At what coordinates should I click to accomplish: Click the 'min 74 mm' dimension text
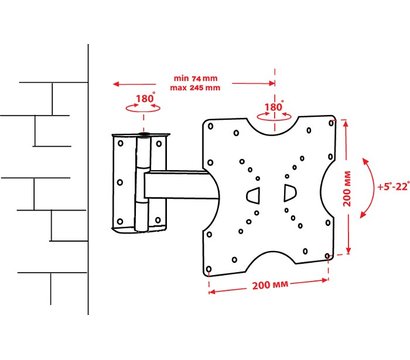(x=195, y=79)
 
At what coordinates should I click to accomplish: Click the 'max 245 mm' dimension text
(x=195, y=88)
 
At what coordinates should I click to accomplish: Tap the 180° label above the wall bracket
(x=145, y=98)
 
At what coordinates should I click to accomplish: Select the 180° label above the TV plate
(x=274, y=107)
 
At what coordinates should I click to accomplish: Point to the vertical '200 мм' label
(x=347, y=188)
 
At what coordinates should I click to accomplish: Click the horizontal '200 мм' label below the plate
(x=270, y=285)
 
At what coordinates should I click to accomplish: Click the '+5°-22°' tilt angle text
(x=393, y=186)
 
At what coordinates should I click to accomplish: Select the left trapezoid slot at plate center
(x=253, y=194)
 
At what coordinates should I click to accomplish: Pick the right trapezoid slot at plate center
(x=290, y=193)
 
